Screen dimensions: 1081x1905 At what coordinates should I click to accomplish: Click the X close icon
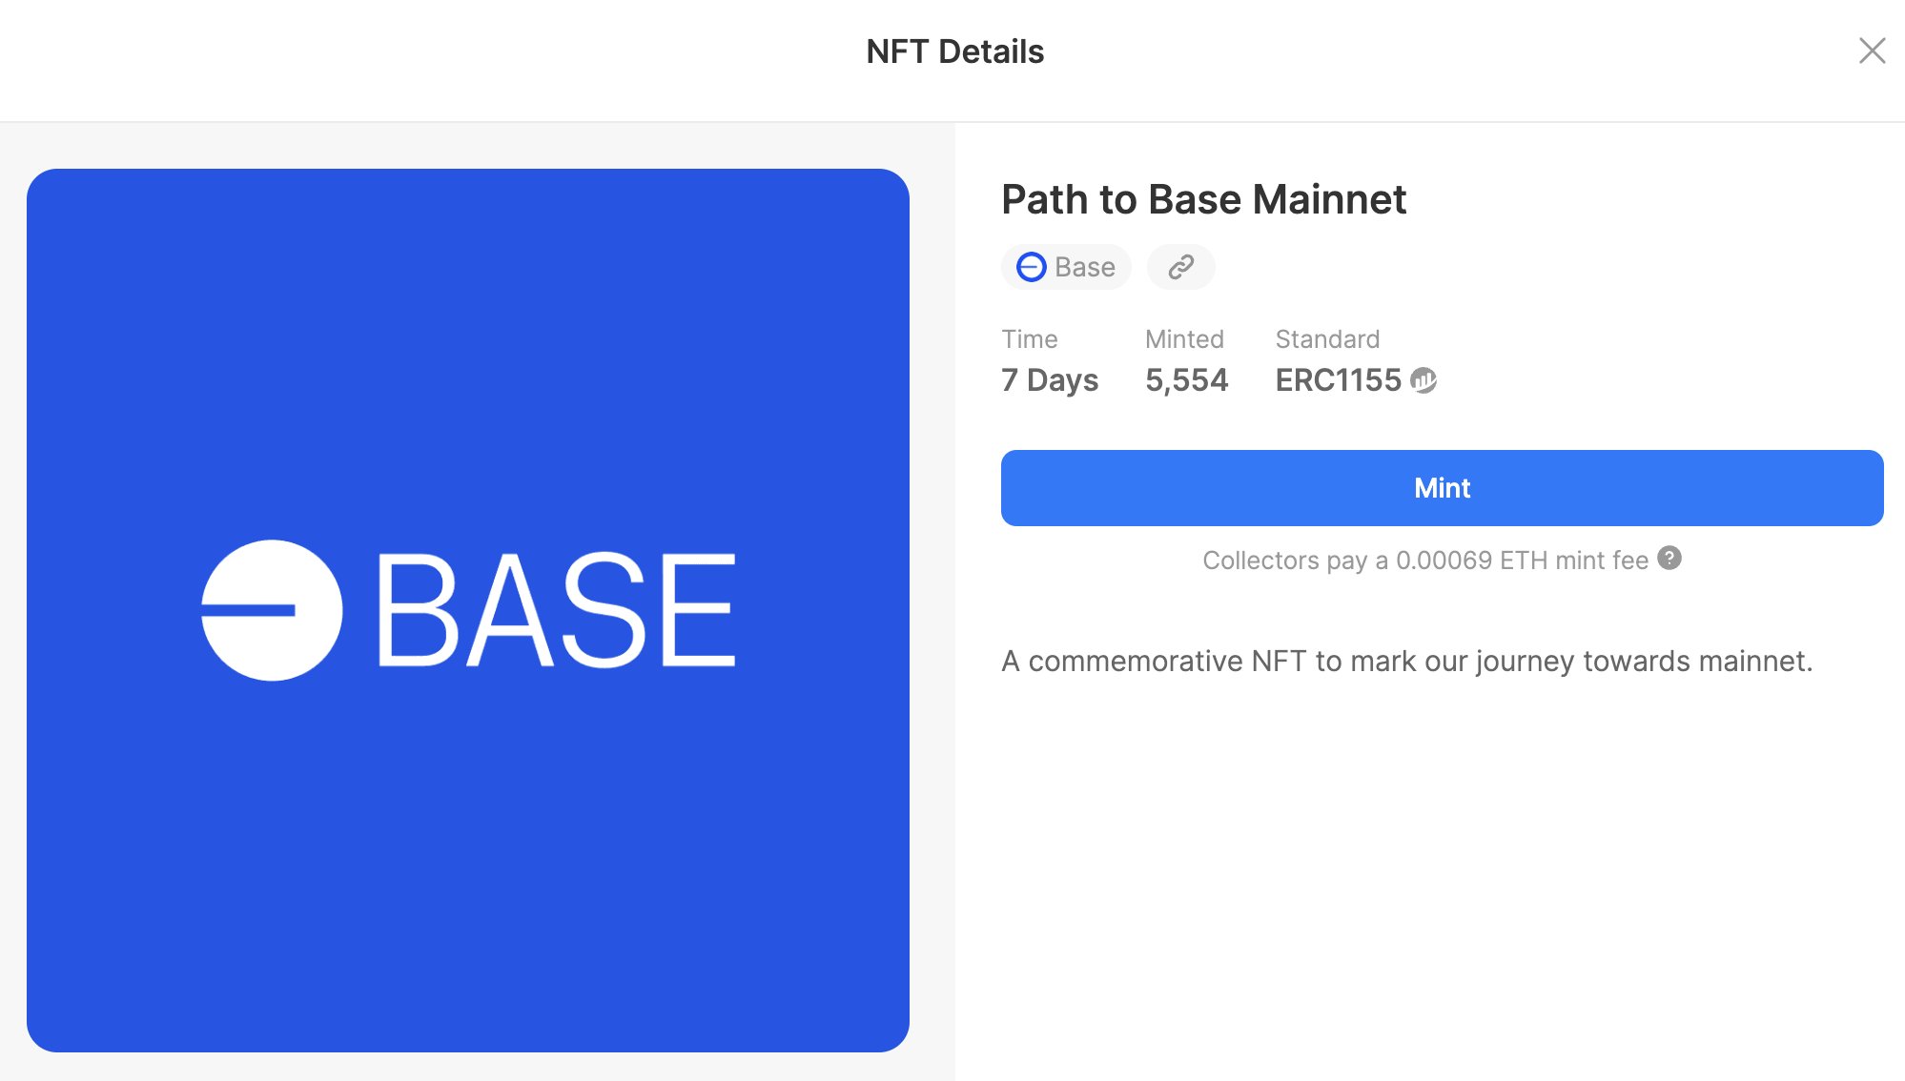[1872, 51]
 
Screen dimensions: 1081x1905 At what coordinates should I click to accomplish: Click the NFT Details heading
[954, 51]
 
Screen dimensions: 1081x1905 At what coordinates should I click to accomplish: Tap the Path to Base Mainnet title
[1203, 199]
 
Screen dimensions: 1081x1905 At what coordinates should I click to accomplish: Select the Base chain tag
[1066, 267]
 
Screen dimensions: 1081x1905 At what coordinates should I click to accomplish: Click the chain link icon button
[1180, 267]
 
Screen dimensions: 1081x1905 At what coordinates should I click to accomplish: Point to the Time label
[1029, 339]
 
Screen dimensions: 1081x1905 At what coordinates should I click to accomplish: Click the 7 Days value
[1049, 380]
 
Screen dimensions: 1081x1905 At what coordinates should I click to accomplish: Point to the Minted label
[1184, 339]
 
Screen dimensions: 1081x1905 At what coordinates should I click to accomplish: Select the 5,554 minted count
[1186, 380]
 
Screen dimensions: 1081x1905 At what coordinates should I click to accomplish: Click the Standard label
[1327, 339]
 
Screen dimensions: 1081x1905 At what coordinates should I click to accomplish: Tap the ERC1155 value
[1338, 380]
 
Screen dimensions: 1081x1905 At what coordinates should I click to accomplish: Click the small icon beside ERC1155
[1424, 380]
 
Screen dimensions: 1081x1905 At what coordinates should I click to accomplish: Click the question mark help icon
[1669, 559]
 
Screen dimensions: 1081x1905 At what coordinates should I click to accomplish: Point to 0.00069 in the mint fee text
[1444, 561]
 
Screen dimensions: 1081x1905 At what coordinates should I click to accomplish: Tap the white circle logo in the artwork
[272, 610]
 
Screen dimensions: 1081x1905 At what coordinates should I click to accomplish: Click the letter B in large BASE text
[418, 610]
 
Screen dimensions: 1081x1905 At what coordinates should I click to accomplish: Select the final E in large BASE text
[699, 610]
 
